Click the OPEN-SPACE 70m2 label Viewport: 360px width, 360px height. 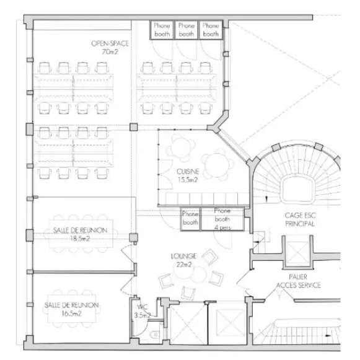point(110,48)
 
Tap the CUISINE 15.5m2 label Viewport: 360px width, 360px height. point(188,175)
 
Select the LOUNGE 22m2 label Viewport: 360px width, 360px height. point(183,260)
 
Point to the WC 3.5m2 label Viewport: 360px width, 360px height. point(143,311)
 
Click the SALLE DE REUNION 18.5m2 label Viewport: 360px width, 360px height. point(80,234)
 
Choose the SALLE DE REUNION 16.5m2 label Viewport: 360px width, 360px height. point(71,309)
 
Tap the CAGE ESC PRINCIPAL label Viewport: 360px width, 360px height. point(300,219)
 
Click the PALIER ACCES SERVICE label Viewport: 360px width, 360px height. point(298,281)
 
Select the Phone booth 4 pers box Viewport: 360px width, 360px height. point(222,219)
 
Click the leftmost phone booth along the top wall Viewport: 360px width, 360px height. point(162,30)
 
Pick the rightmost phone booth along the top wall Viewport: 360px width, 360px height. point(211,30)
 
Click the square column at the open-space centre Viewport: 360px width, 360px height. point(134,127)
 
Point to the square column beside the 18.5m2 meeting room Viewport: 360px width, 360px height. point(133,237)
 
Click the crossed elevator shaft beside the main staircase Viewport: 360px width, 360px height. point(298,252)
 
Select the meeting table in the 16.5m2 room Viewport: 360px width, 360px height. point(72,309)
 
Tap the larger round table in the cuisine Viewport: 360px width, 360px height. point(216,165)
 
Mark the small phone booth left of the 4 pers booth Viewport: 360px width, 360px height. point(190,219)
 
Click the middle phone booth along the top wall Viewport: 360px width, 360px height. point(187,30)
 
